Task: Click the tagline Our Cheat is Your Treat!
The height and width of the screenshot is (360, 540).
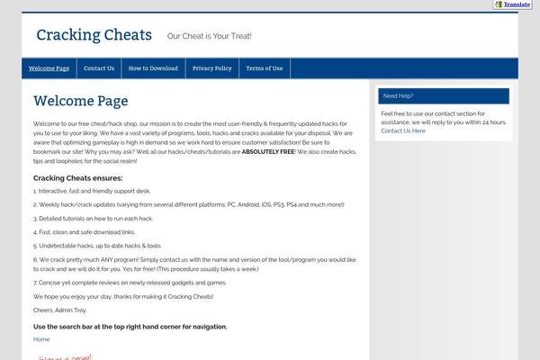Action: (209, 37)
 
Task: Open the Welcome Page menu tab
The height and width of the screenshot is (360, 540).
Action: (49, 68)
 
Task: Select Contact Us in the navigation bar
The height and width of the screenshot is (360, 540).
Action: (99, 68)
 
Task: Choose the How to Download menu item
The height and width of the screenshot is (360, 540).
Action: (153, 68)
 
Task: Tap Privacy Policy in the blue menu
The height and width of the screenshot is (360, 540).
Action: (211, 68)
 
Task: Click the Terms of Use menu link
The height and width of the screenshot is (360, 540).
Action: (264, 68)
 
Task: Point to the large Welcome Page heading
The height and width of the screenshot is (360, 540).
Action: (81, 101)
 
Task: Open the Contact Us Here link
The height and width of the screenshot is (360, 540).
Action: (403, 130)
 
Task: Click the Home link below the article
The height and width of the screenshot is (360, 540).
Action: (41, 339)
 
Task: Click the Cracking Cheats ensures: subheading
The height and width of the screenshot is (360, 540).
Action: (77, 177)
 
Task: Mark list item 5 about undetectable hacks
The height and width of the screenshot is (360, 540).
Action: (97, 245)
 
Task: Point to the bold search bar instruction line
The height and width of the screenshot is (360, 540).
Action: (130, 326)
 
